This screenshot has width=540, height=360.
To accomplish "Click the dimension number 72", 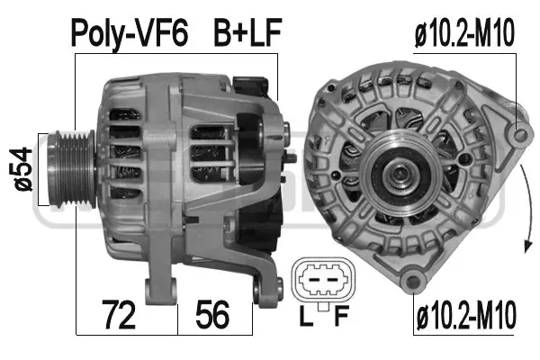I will [x=120, y=316].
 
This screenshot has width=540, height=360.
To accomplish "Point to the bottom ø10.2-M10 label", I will [x=466, y=317].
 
